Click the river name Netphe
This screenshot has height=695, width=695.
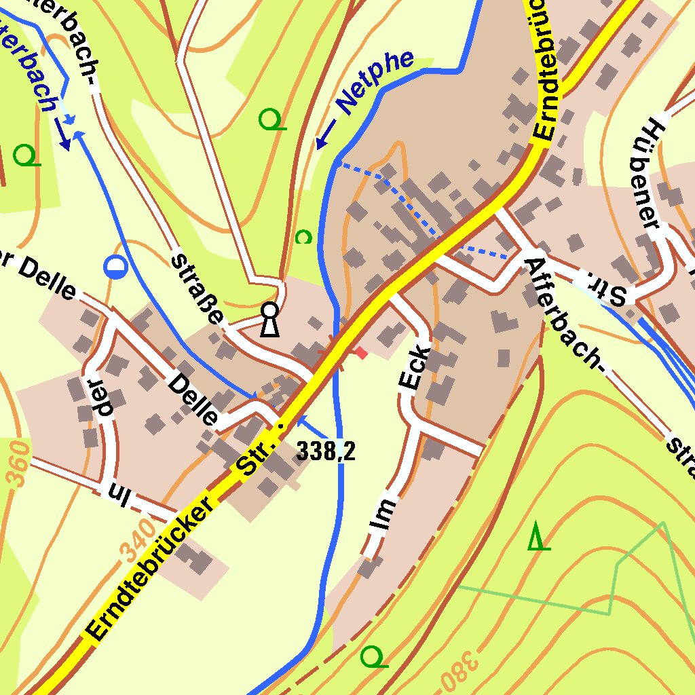click(x=375, y=81)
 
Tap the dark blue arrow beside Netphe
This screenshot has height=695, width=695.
click(x=326, y=134)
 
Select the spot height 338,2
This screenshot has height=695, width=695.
click(x=326, y=451)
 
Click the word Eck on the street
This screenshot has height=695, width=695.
click(x=415, y=369)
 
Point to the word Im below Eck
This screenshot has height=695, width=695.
click(x=383, y=514)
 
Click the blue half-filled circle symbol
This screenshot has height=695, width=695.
click(x=115, y=267)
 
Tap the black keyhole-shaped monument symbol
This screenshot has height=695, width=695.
click(x=270, y=320)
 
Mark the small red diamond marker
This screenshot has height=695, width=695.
click(x=361, y=352)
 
